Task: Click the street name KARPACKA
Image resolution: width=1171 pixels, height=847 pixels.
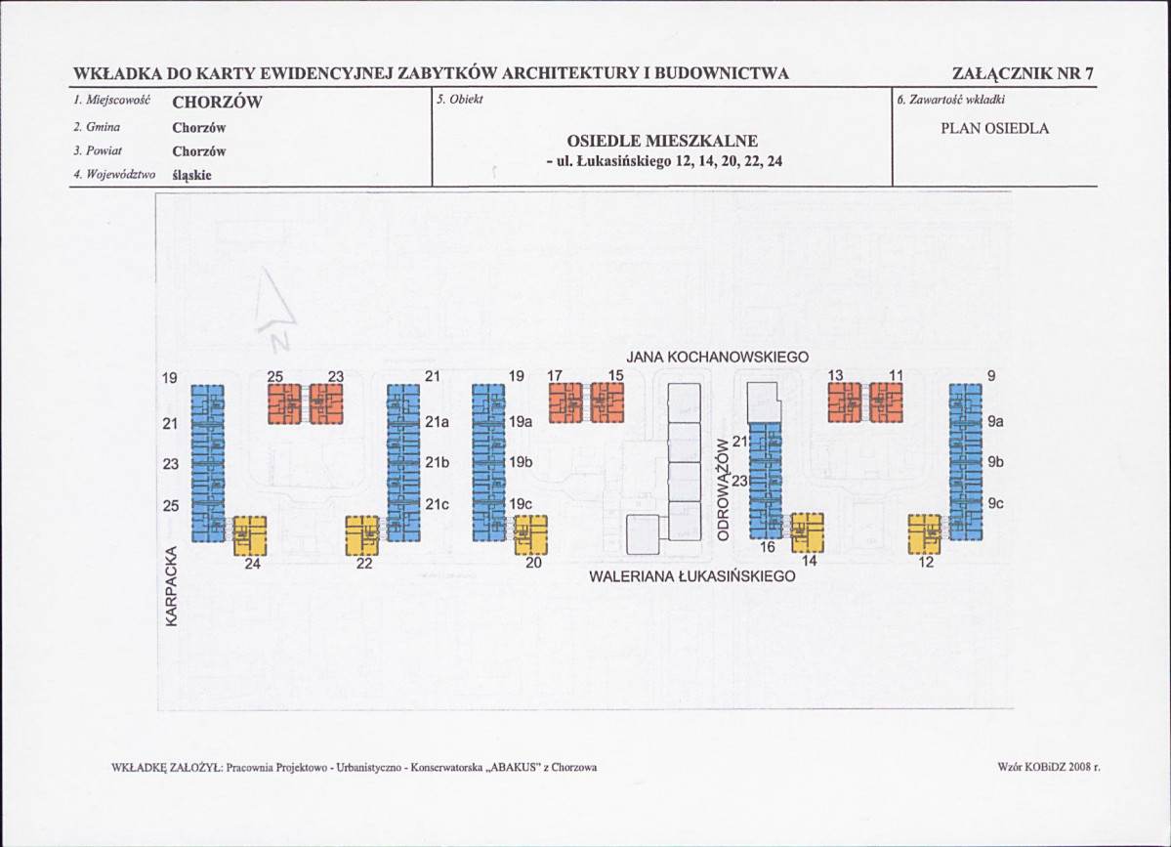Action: click(172, 586)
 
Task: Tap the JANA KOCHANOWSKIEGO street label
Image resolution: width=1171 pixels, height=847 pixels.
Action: click(718, 358)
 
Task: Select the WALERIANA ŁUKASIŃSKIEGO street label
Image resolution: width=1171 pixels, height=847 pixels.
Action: click(692, 577)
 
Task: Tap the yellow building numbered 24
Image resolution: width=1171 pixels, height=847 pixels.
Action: click(250, 534)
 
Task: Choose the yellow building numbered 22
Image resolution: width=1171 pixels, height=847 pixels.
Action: click(362, 534)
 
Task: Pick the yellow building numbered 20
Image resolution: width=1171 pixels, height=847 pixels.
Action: click(531, 534)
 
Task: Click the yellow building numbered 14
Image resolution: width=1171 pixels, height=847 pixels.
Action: click(807, 532)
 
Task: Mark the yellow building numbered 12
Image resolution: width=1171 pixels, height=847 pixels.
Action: click(924, 533)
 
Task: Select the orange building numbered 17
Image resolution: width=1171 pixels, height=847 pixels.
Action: click(565, 402)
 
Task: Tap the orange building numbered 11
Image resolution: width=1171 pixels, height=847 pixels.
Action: click(886, 402)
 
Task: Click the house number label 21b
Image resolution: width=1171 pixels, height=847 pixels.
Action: click(438, 463)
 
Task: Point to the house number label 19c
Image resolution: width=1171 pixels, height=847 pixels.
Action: click(521, 504)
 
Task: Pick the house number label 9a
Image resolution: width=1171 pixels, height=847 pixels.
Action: click(996, 422)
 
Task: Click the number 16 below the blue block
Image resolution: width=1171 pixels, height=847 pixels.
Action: click(768, 547)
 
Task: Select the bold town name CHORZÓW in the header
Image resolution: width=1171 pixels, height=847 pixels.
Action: click(218, 103)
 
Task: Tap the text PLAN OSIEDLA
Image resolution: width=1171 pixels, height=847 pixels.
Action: click(995, 128)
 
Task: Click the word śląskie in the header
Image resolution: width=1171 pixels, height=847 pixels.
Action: click(192, 176)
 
